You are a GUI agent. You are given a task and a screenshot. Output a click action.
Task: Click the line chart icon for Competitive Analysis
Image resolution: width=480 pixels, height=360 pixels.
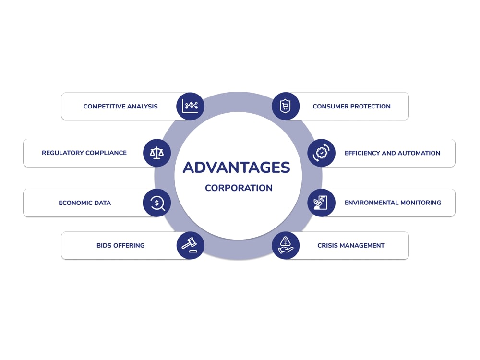point(190,106)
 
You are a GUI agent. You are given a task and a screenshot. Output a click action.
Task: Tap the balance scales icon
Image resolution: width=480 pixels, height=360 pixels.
point(157,153)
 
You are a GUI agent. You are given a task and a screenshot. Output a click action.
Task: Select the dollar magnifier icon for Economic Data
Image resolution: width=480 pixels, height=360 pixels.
point(157,203)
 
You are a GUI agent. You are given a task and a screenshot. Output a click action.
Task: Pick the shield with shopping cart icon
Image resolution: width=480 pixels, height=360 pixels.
point(286,106)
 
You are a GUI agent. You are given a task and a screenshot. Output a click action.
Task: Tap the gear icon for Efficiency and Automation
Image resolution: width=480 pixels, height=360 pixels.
point(322,153)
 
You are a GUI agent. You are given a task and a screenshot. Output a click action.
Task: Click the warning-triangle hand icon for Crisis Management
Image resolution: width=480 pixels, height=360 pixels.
point(286,245)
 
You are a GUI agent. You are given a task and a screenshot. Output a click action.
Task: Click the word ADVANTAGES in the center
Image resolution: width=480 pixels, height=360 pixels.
point(236,168)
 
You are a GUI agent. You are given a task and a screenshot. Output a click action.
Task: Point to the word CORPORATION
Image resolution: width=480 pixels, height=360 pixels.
point(239,188)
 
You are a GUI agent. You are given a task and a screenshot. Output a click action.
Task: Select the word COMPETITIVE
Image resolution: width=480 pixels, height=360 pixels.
point(104,107)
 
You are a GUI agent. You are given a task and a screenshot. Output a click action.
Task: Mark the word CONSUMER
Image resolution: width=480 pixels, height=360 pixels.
point(331,107)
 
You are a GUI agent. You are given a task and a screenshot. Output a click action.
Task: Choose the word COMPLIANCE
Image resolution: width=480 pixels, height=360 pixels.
point(106,153)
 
